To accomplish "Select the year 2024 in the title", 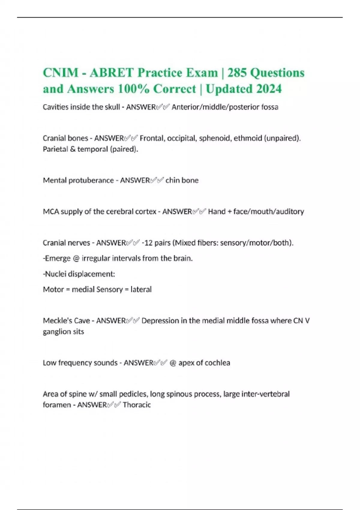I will (269, 89).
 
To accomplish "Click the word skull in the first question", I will (112, 107).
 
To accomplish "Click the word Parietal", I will (55, 149).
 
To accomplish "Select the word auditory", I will (290, 211).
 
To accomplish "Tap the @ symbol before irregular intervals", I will (76, 258).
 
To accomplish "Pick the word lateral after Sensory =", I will (141, 289).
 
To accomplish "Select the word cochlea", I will (218, 363).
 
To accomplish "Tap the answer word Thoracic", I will (136, 405).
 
